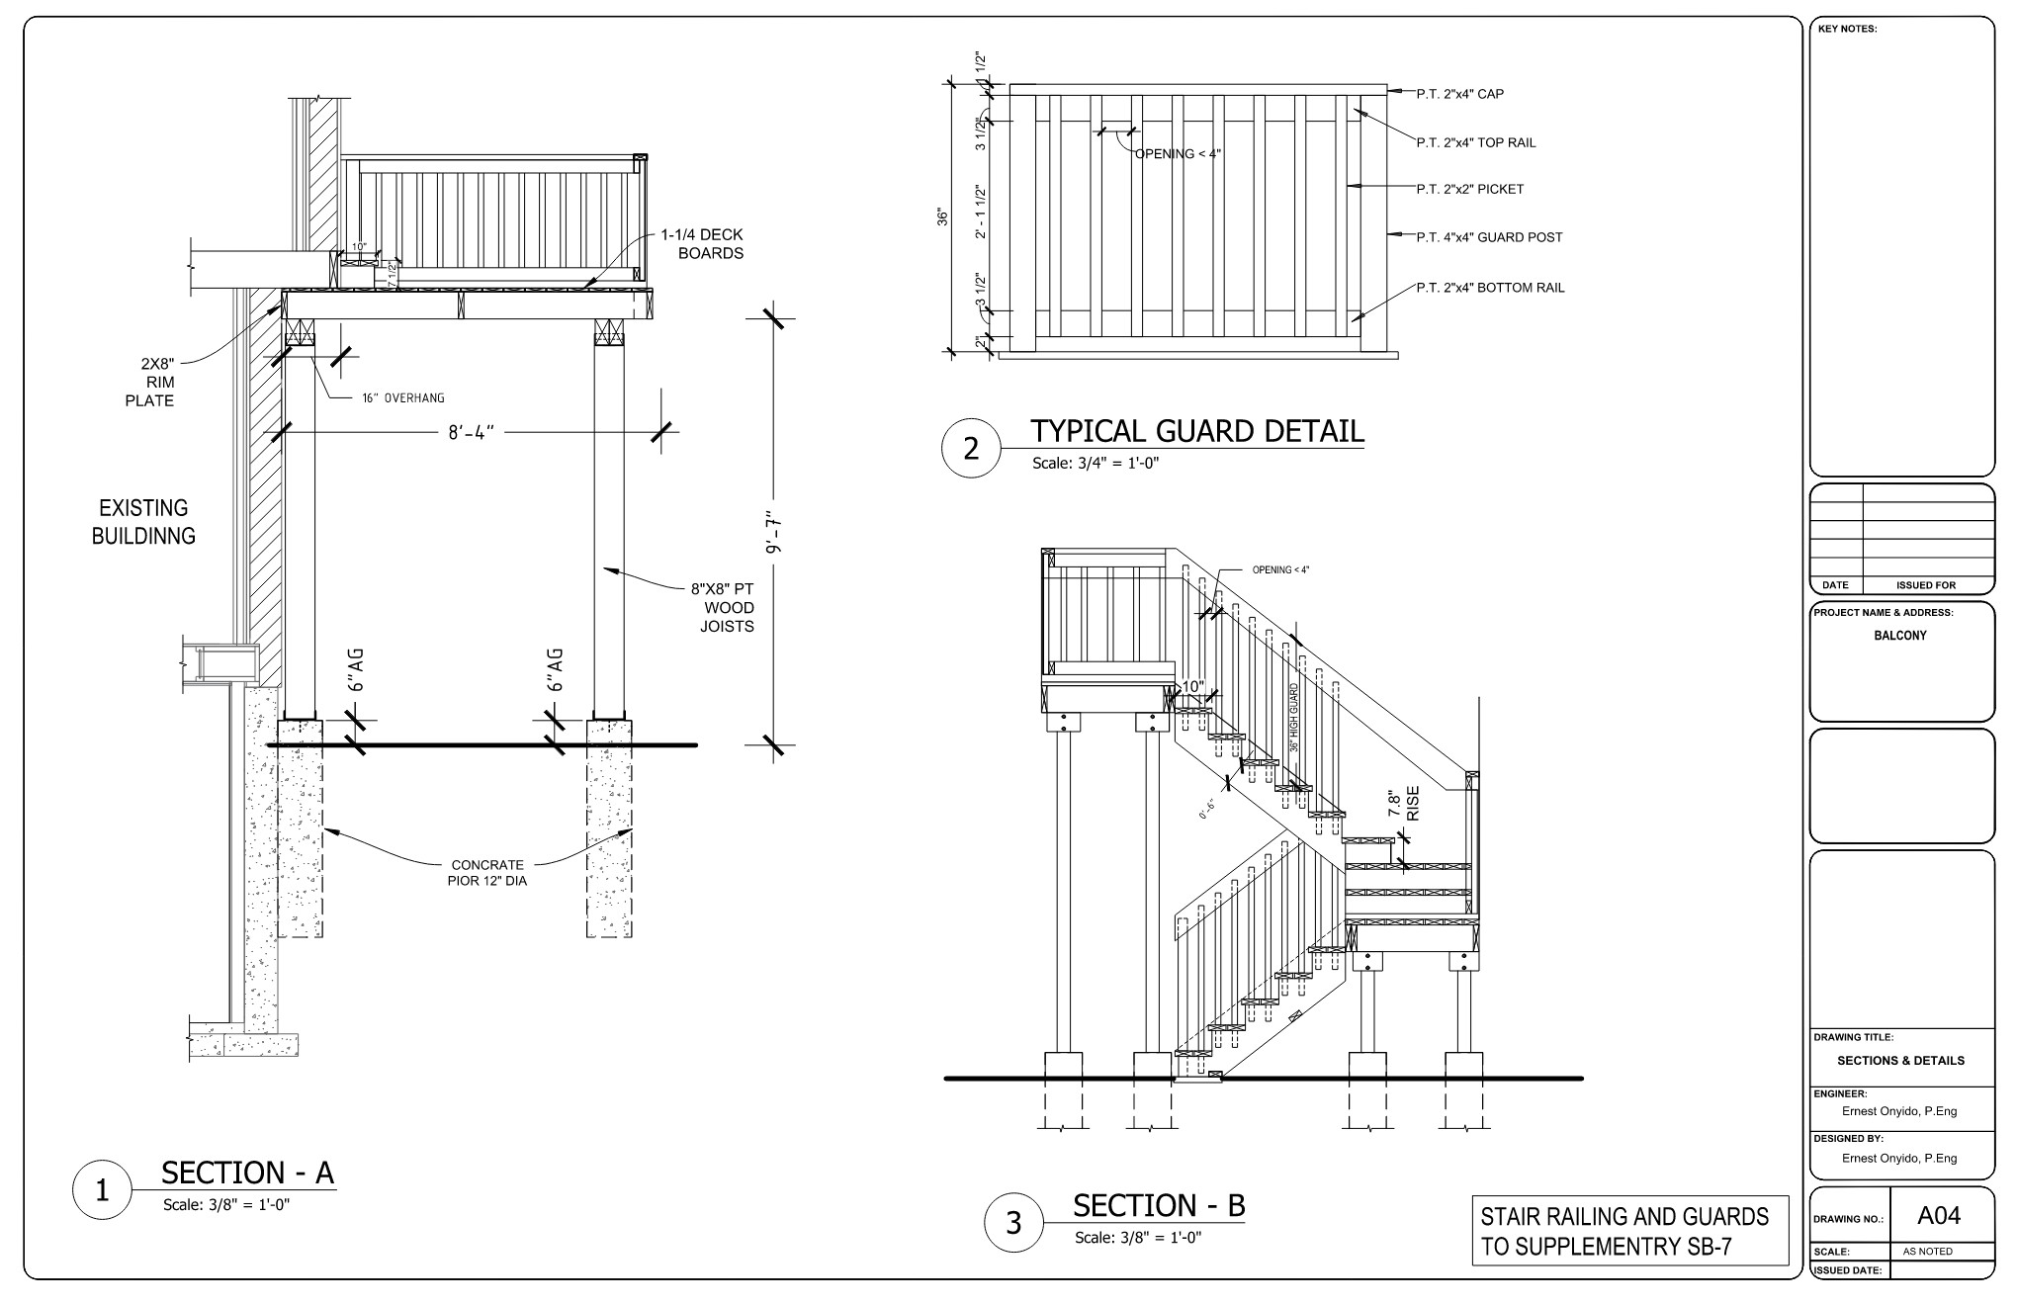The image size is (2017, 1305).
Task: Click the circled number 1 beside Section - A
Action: click(x=101, y=1191)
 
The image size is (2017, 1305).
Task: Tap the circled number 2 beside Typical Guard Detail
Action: click(x=970, y=449)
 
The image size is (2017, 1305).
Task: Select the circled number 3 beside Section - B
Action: click(x=1012, y=1223)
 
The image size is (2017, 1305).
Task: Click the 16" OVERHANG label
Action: click(x=401, y=398)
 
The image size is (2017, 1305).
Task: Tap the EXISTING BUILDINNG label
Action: click(x=143, y=522)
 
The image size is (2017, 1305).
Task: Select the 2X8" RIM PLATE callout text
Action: click(x=151, y=382)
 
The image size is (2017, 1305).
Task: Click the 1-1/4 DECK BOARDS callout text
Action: click(x=703, y=244)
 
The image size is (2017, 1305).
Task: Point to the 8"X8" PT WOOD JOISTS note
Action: click(x=722, y=608)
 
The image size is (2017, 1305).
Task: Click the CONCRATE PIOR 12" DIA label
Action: click(x=486, y=873)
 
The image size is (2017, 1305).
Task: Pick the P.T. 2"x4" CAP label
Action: click(x=1459, y=94)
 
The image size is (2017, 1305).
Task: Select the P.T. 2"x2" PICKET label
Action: click(x=1469, y=189)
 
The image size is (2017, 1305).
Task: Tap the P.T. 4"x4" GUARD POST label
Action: click(x=1489, y=237)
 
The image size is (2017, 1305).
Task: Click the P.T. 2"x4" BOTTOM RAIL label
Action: click(x=1490, y=288)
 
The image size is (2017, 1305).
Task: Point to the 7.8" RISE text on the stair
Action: click(x=1403, y=803)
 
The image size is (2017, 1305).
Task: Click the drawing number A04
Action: click(x=1939, y=1216)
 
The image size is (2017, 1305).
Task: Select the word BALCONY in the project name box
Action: click(x=1899, y=636)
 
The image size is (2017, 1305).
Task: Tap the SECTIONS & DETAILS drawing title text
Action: click(x=1900, y=1061)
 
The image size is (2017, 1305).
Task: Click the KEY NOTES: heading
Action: click(x=1847, y=29)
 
